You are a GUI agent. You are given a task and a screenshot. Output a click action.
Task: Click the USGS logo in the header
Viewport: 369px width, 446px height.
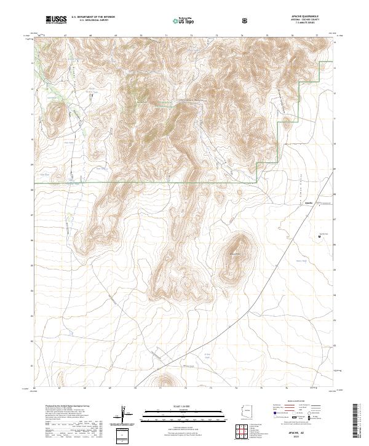56,20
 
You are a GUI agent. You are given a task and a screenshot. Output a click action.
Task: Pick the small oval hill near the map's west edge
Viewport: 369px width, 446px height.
59,114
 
